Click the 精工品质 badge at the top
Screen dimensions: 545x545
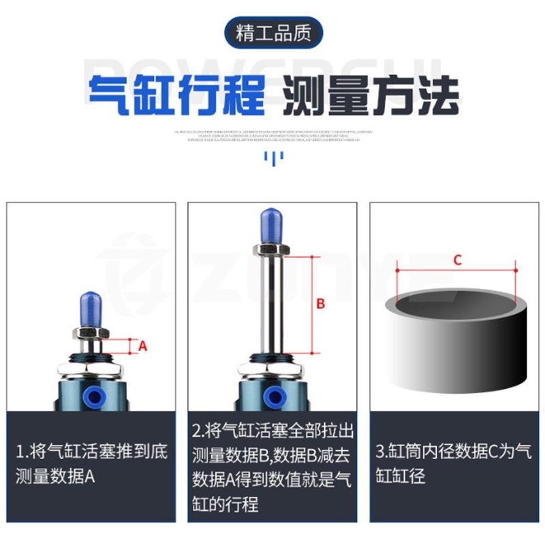point(272,33)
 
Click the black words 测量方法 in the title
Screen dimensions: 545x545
point(371,95)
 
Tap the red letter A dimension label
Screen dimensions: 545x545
point(143,346)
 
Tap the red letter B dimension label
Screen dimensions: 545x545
point(321,305)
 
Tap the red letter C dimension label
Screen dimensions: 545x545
point(458,260)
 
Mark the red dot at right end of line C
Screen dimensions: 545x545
point(516,271)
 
